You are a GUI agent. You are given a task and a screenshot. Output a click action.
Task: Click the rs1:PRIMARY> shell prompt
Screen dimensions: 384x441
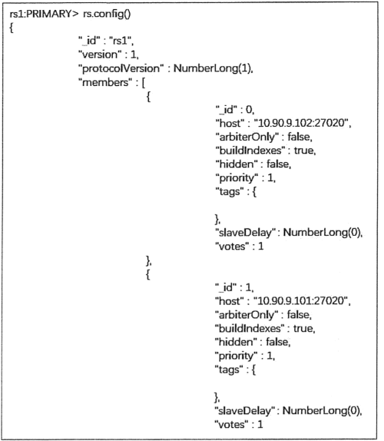44,14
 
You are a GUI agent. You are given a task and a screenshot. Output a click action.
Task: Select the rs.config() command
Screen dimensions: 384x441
107,14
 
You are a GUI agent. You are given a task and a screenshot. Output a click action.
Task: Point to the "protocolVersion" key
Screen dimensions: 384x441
121,68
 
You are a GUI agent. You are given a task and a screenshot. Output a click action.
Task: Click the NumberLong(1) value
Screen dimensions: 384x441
213,68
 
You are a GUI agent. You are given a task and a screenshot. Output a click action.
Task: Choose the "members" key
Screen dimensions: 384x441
105,82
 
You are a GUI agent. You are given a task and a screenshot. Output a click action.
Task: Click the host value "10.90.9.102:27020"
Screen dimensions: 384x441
301,123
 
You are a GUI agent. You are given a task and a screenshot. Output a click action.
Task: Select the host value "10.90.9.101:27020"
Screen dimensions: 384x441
300,300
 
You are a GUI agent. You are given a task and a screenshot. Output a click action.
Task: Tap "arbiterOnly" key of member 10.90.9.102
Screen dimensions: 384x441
247,137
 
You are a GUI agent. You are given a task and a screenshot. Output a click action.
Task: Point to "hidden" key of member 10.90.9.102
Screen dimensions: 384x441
236,164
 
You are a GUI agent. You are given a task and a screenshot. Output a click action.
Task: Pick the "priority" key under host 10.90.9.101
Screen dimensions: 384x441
236,356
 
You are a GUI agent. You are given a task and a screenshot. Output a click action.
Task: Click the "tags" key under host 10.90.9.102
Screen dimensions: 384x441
230,192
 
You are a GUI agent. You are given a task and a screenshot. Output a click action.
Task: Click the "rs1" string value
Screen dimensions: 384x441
121,41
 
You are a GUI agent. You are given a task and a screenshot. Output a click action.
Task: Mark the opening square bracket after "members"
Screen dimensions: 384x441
144,83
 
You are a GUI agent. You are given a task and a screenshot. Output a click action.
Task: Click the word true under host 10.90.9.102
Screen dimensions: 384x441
304,151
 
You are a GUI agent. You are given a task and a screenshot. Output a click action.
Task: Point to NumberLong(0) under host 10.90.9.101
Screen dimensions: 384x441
321,410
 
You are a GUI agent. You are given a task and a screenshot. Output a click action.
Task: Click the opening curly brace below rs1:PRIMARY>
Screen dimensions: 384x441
12,28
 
